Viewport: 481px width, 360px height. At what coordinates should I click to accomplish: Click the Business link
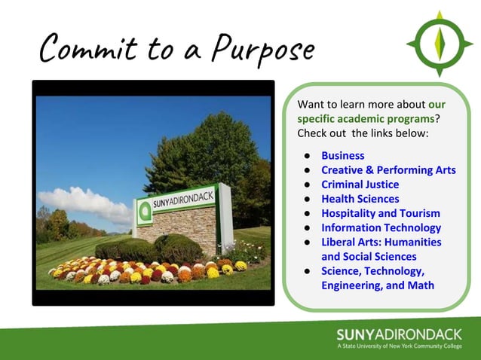click(342, 156)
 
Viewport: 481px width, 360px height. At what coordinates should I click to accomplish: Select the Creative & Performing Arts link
click(388, 170)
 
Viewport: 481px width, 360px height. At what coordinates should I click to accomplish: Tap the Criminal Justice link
click(360, 185)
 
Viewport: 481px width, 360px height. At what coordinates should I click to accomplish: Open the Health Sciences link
click(360, 199)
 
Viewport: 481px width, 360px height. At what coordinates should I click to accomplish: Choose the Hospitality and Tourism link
click(381, 213)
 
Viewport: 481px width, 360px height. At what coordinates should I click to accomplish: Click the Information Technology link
click(381, 227)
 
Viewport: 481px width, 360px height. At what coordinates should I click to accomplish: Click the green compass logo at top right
click(439, 43)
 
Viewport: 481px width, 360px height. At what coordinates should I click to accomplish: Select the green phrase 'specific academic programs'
click(366, 118)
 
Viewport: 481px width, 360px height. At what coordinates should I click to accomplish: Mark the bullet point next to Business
click(308, 156)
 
